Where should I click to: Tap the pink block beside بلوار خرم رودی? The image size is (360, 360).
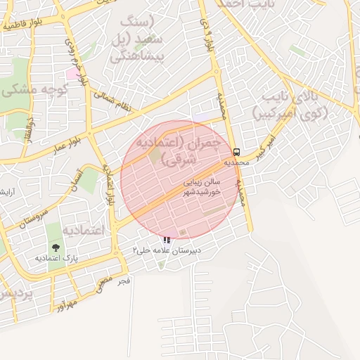(x=72, y=73)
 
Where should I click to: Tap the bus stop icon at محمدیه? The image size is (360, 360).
(x=236, y=152)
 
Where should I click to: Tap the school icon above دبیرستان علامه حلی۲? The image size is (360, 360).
(x=166, y=240)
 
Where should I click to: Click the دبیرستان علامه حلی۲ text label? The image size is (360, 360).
(x=167, y=250)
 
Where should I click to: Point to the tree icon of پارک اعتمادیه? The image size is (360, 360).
(x=55, y=247)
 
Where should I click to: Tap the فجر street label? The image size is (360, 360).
(x=124, y=281)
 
